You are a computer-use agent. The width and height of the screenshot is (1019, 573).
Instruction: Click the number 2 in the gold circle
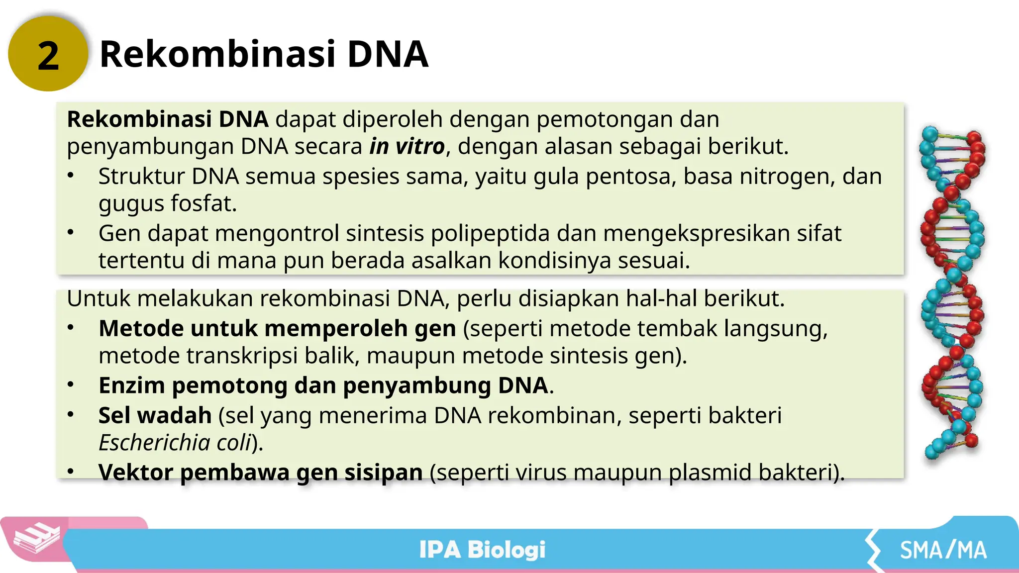(x=48, y=56)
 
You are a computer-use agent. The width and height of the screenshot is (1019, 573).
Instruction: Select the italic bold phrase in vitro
(x=407, y=146)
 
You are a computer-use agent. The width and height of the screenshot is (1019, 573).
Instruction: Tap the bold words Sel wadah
(x=155, y=415)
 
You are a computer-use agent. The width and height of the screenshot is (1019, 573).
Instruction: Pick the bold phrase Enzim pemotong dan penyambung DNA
(x=323, y=385)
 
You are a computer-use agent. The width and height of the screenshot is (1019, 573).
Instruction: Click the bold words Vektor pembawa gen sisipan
(x=260, y=472)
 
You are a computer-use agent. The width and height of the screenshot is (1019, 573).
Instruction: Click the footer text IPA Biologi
(x=482, y=550)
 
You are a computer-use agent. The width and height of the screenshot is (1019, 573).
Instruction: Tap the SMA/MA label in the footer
(x=943, y=550)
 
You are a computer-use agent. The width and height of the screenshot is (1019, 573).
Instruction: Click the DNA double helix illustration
(x=952, y=293)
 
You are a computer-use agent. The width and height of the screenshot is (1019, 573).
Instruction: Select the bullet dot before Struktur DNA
(x=71, y=175)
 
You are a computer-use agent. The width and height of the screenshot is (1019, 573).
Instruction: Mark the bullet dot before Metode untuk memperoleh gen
(x=71, y=327)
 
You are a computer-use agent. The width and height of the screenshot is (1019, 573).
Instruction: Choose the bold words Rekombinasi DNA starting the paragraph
(x=168, y=119)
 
